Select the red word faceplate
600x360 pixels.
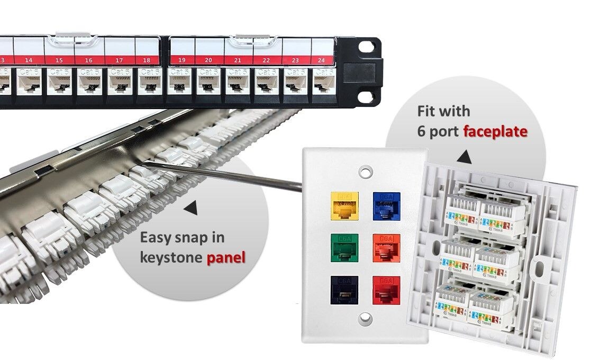click(x=495, y=131)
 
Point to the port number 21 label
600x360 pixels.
click(x=238, y=60)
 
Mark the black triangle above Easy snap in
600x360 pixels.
click(x=190, y=210)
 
